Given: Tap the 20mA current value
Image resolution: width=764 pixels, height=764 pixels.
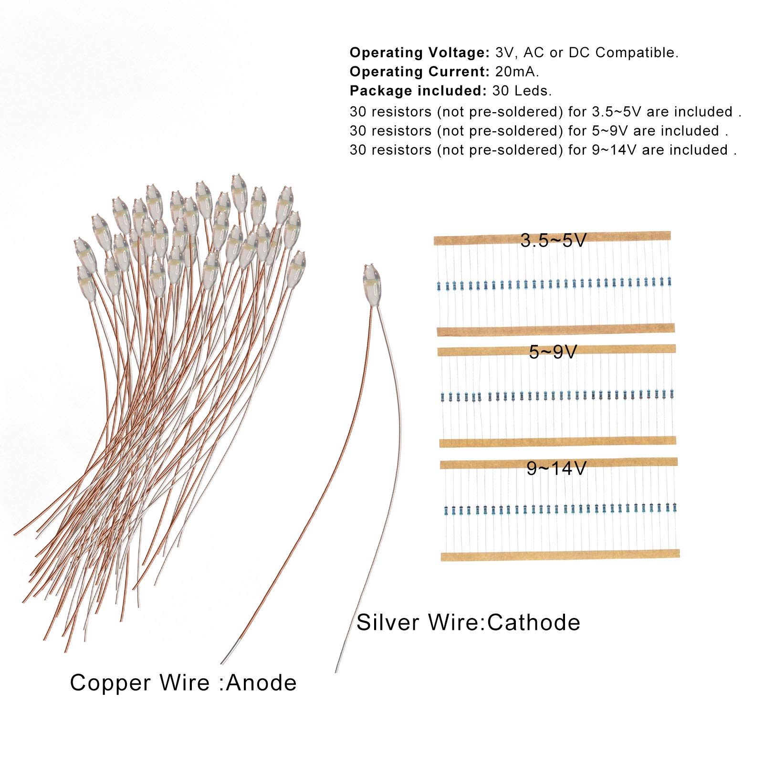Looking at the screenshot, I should pyautogui.click(x=517, y=72).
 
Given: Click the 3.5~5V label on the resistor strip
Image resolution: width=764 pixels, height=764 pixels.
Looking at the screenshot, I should pyautogui.click(x=553, y=241).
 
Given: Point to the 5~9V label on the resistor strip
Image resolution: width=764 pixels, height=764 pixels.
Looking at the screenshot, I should pyautogui.click(x=553, y=352).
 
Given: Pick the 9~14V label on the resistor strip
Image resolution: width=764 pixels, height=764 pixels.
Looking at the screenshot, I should pyautogui.click(x=556, y=469).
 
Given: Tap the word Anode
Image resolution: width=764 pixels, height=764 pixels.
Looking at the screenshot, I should pyautogui.click(x=262, y=683).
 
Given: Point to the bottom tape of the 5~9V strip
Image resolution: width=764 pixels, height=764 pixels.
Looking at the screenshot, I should pyautogui.click(x=557, y=442).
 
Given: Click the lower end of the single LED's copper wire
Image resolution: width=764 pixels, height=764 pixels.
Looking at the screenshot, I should pyautogui.click(x=222, y=662).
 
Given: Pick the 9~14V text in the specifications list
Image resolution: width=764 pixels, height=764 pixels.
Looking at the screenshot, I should pyautogui.click(x=614, y=150).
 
